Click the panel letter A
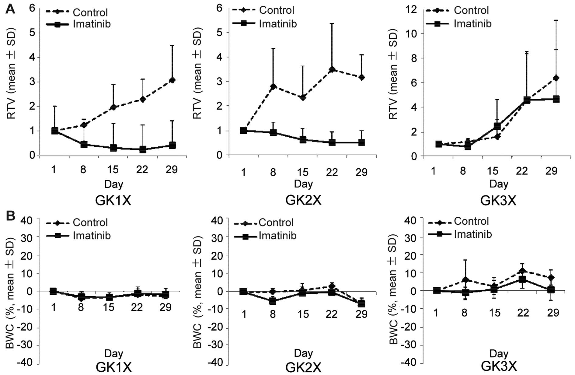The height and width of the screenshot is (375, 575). coord(10,9)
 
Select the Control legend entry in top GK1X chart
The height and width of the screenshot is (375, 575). coord(90,12)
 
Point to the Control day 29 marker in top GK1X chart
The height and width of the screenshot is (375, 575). coord(172,80)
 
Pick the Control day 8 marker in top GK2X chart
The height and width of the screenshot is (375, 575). coord(273,86)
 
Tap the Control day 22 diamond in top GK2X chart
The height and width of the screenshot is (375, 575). coord(332,69)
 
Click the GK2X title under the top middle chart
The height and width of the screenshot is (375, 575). coord(303,200)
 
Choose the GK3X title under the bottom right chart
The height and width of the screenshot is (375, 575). coord(499,366)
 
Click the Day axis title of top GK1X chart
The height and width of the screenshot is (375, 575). coord(113,184)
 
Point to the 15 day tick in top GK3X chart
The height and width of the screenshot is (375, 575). coord(492,171)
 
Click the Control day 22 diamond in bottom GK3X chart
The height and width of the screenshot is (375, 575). coord(522,271)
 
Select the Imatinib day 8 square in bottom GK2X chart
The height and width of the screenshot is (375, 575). coord(273,301)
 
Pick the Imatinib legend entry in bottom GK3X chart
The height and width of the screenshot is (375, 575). coord(472,234)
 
